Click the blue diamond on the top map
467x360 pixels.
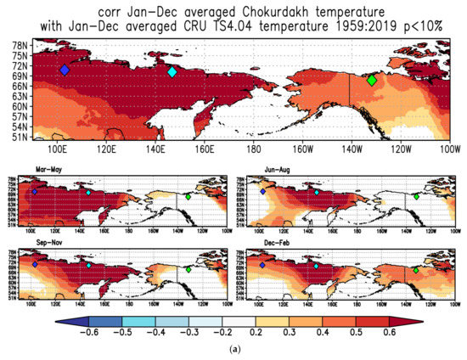(65, 70)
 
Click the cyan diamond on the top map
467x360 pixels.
(172, 72)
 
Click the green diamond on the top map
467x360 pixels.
(371, 80)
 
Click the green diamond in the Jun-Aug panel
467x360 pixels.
(416, 197)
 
